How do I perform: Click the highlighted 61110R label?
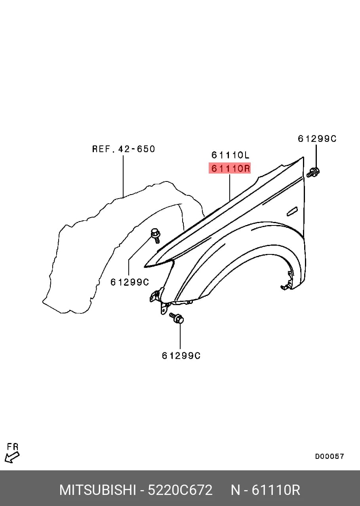[x=230, y=168]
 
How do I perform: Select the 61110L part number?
[x=230, y=155]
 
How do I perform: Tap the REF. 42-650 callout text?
[x=124, y=149]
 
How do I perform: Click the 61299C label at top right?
[x=317, y=138]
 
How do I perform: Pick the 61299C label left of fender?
[x=130, y=282]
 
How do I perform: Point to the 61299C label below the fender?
[x=181, y=356]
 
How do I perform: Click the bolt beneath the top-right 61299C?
[x=313, y=172]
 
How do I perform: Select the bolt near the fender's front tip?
[x=155, y=236]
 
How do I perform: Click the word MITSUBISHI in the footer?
[x=98, y=490]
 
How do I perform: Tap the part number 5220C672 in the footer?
[x=180, y=490]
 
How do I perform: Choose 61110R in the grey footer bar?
[x=276, y=490]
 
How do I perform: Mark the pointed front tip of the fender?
[x=145, y=267]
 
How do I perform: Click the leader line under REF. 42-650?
[x=123, y=176]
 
